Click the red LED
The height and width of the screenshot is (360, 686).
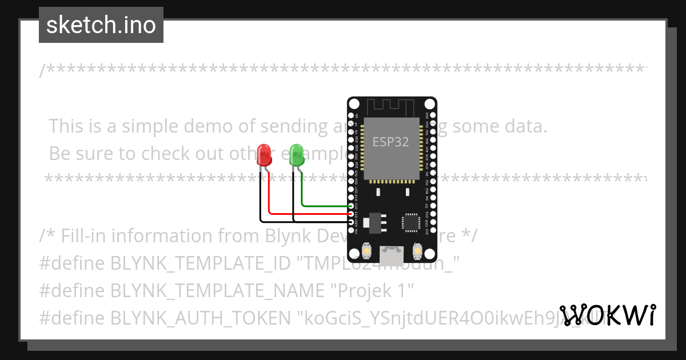coord(264,155)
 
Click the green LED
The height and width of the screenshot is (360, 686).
coord(297,155)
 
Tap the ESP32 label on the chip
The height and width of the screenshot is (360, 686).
coord(390,142)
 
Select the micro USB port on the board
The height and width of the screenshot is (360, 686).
coord(392,251)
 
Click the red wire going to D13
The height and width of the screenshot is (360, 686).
coord(309,214)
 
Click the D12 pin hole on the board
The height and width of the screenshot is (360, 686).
coord(350,206)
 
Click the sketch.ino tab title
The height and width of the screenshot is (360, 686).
coord(101,25)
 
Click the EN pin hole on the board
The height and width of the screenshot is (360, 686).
coord(350,115)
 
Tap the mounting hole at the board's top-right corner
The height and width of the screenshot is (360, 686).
coord(429,104)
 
